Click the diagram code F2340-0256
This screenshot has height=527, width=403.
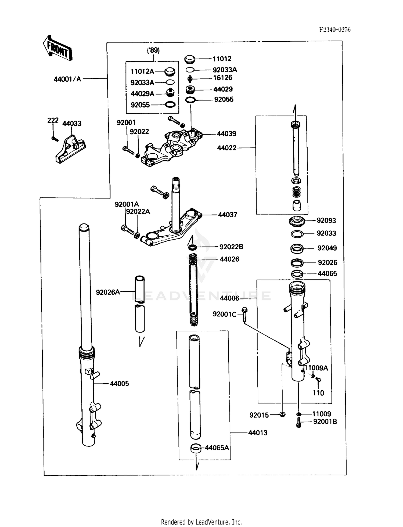tap(334, 30)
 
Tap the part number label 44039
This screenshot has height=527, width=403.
tap(226, 134)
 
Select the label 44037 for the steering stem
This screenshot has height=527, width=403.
tap(227, 215)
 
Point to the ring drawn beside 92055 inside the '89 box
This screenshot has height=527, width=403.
tap(170, 104)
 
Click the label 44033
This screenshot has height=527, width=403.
tap(72, 124)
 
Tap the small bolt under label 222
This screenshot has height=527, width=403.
tap(55, 139)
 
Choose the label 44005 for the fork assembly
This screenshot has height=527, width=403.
tap(119, 384)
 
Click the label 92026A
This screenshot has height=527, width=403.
tap(108, 292)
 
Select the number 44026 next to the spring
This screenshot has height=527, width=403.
tap(229, 259)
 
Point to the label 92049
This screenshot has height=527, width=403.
tap(327, 248)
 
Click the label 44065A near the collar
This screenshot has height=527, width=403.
tap(217, 448)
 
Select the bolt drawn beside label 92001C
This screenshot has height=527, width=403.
tap(244, 314)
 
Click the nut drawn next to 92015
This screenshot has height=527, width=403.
tap(282, 414)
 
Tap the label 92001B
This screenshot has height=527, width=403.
tap(325, 422)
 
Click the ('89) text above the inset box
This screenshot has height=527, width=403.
tap(153, 50)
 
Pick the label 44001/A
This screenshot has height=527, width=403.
tap(67, 79)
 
